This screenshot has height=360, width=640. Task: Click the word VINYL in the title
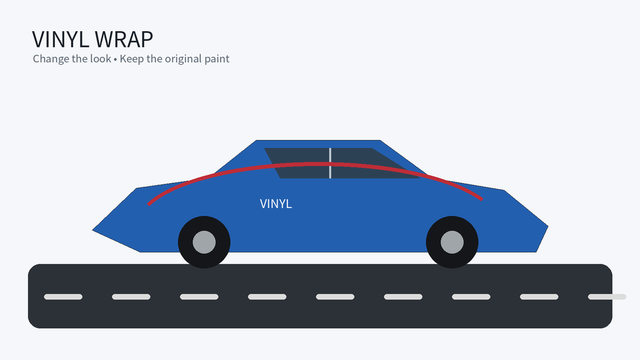point(61,39)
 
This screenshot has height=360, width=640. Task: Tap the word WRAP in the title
point(124,39)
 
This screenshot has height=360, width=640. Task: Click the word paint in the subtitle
point(217,59)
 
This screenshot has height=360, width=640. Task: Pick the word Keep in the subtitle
point(131,59)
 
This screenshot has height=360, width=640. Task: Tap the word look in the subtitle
point(101,58)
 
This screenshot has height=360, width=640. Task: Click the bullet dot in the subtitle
point(116,59)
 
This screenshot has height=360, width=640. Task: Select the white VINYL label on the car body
point(276,204)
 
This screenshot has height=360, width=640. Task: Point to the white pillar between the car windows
point(330,163)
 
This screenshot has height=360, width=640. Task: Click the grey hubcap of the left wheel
point(204,242)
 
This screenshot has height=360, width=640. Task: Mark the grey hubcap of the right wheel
point(452,242)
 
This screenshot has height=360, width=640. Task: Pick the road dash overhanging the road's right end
point(607,297)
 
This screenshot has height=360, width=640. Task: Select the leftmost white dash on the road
point(63,297)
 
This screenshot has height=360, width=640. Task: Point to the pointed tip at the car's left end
point(92,230)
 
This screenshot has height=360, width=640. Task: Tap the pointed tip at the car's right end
point(547,226)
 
